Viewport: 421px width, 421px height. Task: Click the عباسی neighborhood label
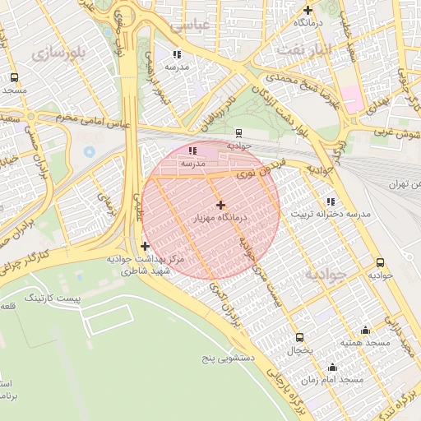coord(191,25)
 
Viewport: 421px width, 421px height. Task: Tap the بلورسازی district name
coord(58,53)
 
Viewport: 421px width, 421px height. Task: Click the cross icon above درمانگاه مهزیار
coord(220,204)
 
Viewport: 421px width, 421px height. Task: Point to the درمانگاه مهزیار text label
coord(220,218)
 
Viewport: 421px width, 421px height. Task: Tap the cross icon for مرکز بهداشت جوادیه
coord(146,245)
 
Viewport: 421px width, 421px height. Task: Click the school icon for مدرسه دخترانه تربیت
coord(331,201)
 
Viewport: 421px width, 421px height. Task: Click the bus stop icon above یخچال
coord(299,337)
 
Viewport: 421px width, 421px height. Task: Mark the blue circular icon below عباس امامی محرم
coord(89,152)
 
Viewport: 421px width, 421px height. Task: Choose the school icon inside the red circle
coord(192,150)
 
